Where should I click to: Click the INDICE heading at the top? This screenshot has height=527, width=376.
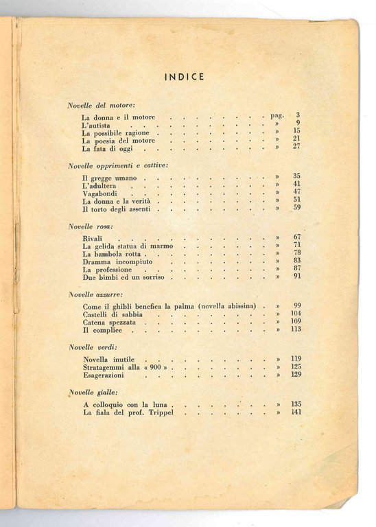(184, 76)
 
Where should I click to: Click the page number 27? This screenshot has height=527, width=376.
(297, 147)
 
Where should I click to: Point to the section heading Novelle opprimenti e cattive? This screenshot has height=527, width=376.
(118, 166)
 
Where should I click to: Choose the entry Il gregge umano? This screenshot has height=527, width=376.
(108, 178)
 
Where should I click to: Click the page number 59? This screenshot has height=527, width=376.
(297, 207)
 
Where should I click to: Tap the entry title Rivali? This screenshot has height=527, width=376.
(93, 237)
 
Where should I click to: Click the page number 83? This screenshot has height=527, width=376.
(297, 261)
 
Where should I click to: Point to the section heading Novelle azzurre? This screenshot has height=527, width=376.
(95, 294)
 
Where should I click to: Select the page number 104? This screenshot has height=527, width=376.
(296, 313)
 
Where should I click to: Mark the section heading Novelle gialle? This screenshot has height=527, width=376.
(92, 393)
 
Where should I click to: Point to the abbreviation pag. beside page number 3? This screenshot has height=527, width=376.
(276, 116)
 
